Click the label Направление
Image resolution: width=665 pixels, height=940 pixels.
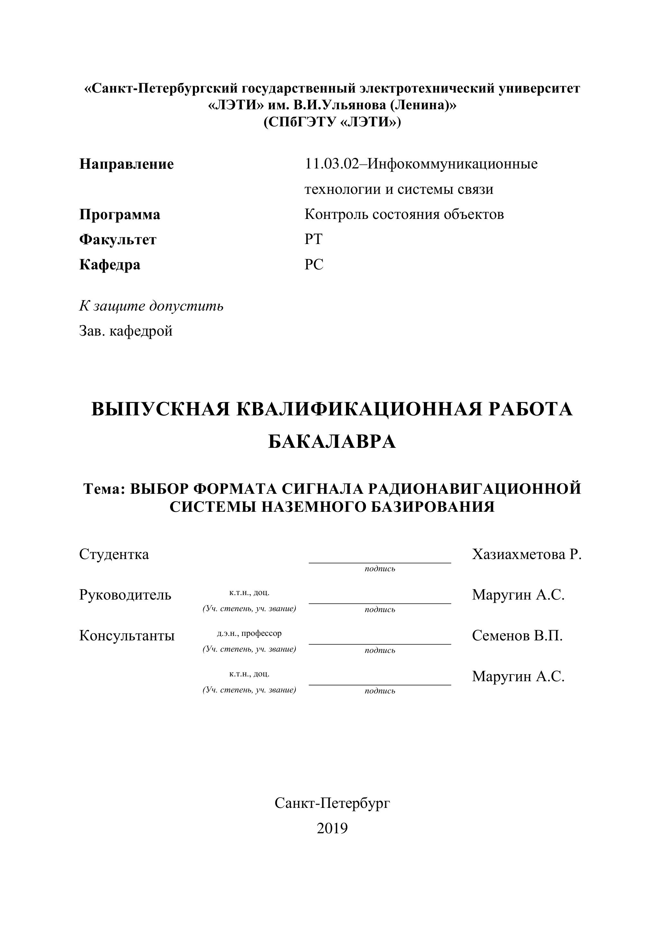point(126,164)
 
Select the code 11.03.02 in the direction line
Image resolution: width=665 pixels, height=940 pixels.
point(331,164)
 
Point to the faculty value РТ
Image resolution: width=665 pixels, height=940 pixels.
point(313,239)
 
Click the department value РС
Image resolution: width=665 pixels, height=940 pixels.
point(314,265)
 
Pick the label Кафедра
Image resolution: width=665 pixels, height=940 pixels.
point(110,265)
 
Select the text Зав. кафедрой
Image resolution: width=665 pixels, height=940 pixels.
point(126,331)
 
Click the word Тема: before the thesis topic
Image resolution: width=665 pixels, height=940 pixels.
point(104,489)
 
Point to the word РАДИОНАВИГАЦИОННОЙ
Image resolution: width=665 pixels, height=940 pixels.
point(475,489)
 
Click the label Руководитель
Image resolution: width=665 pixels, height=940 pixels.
point(125,595)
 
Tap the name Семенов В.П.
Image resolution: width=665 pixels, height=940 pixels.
point(517,636)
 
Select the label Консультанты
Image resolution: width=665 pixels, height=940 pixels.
point(126,636)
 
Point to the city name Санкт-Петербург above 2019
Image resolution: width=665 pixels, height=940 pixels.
point(332,803)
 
